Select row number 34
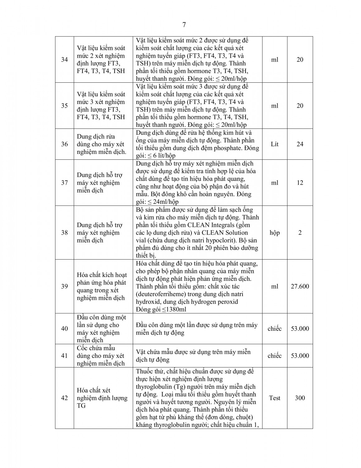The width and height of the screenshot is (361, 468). coord(64,60)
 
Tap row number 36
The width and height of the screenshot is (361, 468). coord(64,144)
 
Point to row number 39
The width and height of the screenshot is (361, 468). coord(64,286)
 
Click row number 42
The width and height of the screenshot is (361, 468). coord(64,398)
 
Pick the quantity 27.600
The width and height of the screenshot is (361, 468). coord(300,286)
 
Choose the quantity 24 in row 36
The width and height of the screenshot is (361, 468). coord(300,144)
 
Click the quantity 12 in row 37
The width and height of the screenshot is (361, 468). coord(300,183)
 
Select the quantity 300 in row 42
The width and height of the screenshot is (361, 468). coord(300,398)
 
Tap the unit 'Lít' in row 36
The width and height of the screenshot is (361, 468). coord(274,144)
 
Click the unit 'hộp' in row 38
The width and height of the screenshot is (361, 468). coord(274,233)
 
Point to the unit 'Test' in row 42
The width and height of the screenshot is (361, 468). coord(274,398)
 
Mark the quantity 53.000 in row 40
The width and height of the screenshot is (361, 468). coord(300,329)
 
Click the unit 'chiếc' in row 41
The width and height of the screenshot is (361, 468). coord(274,356)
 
